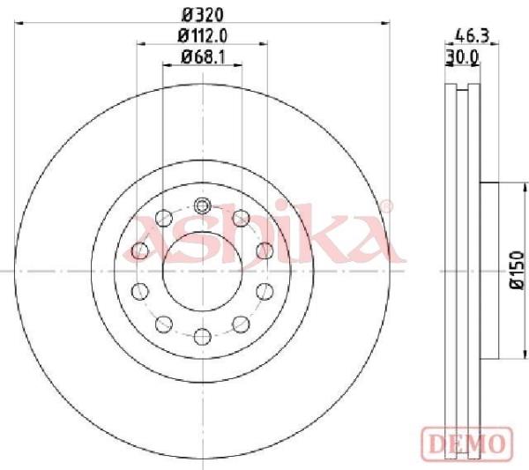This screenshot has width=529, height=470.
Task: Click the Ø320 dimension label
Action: click(x=203, y=15)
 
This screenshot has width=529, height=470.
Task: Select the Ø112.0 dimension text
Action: click(x=203, y=36)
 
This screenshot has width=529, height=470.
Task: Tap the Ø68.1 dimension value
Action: click(x=203, y=56)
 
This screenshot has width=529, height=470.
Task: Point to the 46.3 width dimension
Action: click(x=472, y=36)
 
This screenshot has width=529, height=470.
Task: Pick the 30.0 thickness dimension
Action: click(x=463, y=57)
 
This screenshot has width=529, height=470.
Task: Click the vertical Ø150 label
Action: click(x=518, y=270)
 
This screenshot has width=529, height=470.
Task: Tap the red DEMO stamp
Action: click(x=467, y=443)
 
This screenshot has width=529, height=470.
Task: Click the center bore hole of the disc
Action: click(x=203, y=272)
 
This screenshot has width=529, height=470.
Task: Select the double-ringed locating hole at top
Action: click(x=203, y=205)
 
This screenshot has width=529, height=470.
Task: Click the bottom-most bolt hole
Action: click(x=203, y=336)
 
